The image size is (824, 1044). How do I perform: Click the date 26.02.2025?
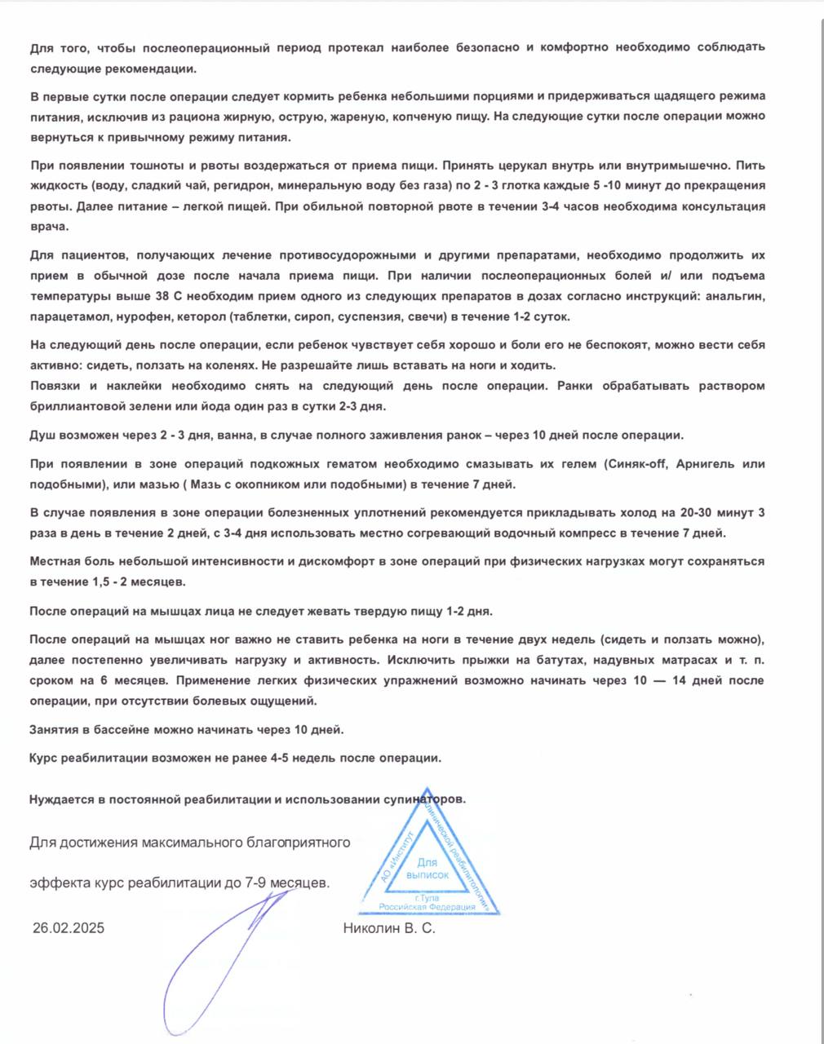tap(69, 928)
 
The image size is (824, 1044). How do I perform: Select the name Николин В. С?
tap(389, 928)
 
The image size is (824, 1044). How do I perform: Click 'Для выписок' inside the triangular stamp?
tap(428, 869)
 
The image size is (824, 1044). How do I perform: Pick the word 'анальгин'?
tap(739, 295)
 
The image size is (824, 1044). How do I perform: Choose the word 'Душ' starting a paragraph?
tap(42, 435)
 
